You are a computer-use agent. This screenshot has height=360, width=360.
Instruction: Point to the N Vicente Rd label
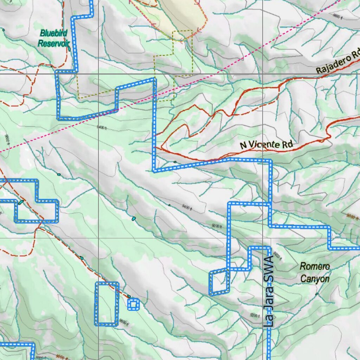coord(266,144)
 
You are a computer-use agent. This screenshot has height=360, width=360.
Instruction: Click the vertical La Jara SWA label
coord(269,292)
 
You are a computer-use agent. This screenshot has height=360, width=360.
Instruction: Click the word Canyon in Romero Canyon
coord(315,279)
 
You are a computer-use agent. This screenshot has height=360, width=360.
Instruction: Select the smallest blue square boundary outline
coord(133,304)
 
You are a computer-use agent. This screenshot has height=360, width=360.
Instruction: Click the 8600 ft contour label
coord(337,16)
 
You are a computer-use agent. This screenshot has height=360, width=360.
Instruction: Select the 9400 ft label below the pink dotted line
coord(101,128)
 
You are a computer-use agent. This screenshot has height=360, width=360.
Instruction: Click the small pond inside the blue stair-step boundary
coord(21,202)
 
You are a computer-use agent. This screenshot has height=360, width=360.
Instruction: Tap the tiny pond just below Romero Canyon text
coord(316,294)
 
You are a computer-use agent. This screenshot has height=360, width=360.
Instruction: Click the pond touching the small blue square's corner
coord(129,296)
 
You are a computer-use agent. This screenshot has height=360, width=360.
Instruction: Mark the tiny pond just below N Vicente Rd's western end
coord(175,162)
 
